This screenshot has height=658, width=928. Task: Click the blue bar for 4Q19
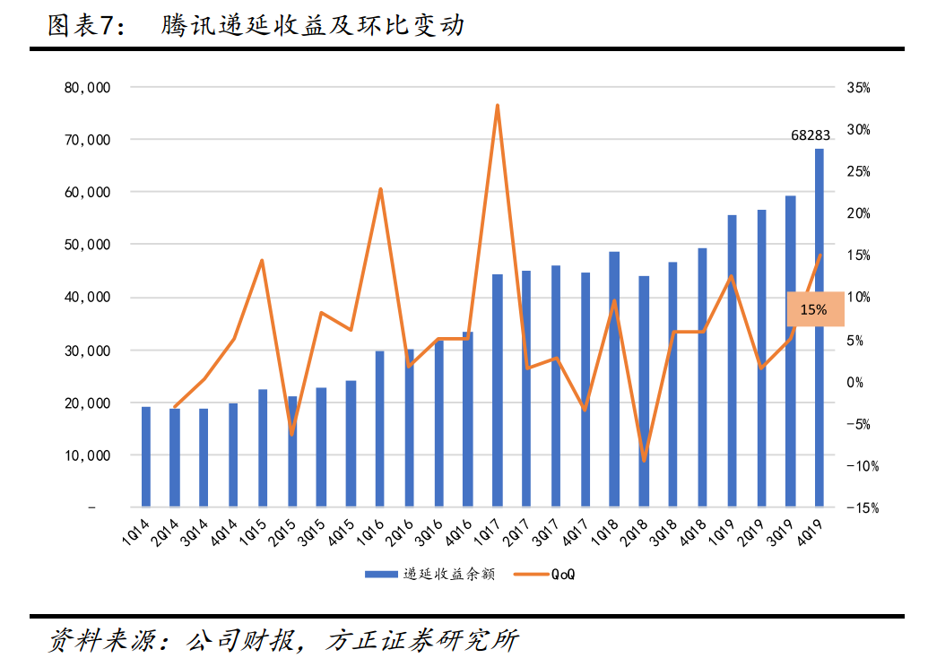click(x=819, y=328)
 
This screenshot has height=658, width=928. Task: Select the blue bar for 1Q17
click(x=497, y=391)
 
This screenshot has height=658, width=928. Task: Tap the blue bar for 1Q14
click(x=145, y=456)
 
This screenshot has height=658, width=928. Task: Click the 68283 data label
click(x=811, y=135)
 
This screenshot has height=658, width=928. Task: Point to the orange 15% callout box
click(x=815, y=309)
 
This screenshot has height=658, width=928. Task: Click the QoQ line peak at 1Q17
click(x=497, y=106)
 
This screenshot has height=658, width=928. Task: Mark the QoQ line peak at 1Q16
click(x=380, y=189)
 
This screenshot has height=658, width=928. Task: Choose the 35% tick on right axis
click(x=857, y=88)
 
